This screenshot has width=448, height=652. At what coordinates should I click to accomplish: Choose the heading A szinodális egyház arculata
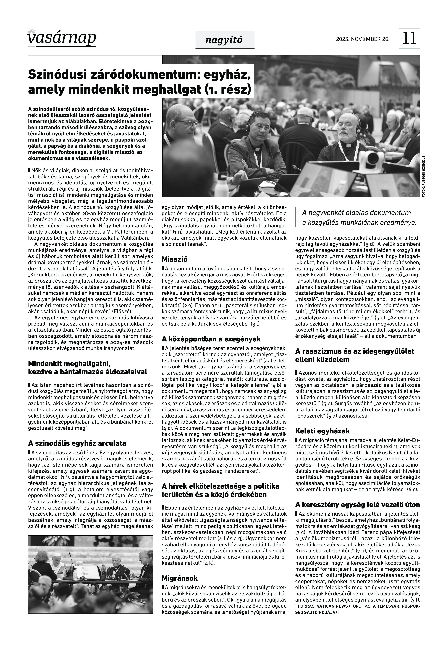77,443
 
